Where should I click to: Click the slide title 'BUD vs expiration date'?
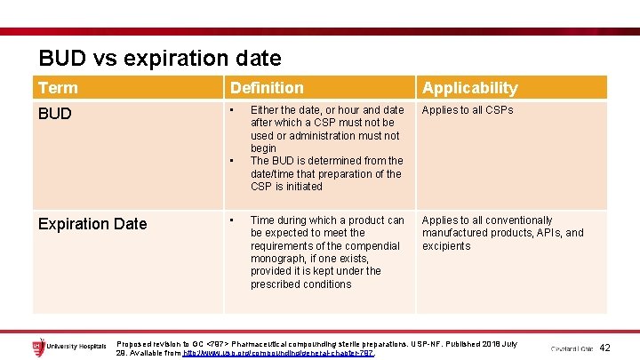(x=160, y=59)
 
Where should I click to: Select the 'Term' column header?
(x=59, y=88)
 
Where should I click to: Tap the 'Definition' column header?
(x=267, y=88)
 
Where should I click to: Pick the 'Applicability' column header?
(x=469, y=88)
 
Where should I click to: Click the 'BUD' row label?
(x=55, y=115)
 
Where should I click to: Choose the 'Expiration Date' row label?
(x=92, y=224)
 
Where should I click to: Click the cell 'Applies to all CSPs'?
(x=468, y=110)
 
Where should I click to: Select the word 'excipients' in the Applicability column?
(x=446, y=246)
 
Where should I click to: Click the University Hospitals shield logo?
(x=38, y=345)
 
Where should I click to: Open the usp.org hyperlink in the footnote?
(x=278, y=353)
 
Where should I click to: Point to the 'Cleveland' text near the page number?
(x=565, y=348)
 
